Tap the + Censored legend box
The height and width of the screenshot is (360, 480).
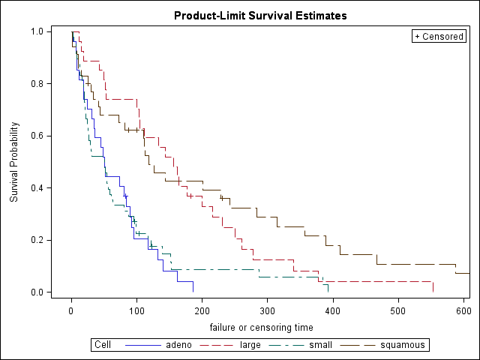[439, 37]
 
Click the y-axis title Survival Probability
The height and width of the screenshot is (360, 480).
[14, 162]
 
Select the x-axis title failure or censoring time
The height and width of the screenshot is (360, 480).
[261, 327]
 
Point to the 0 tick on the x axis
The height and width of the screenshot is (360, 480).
[71, 310]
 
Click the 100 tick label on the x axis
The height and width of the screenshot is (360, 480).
[136, 310]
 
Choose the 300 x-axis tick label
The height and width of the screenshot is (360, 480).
[268, 310]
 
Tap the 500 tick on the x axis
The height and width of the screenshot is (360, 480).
[398, 310]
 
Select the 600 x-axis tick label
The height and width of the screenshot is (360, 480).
[463, 310]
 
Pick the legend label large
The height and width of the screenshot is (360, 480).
[250, 345]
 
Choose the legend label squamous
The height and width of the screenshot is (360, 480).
[403, 345]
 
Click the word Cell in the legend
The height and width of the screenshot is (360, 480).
[103, 345]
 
